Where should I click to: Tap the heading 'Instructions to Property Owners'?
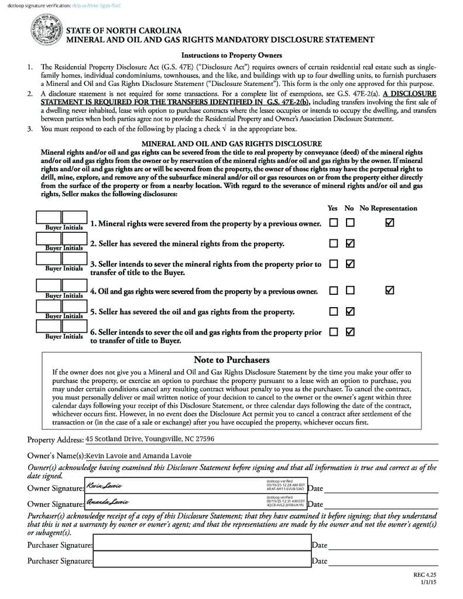(x=232, y=56)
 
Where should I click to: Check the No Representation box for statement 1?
(x=390, y=223)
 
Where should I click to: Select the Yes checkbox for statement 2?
(x=334, y=243)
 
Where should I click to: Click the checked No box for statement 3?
(x=350, y=264)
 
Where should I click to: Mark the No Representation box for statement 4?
(x=390, y=290)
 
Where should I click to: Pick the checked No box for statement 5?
(x=350, y=311)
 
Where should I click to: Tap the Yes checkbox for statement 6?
(x=334, y=332)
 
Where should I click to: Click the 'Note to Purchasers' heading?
(x=231, y=360)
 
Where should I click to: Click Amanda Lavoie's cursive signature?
(x=108, y=502)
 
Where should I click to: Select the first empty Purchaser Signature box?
(x=202, y=545)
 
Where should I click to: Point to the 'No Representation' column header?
(x=388, y=208)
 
